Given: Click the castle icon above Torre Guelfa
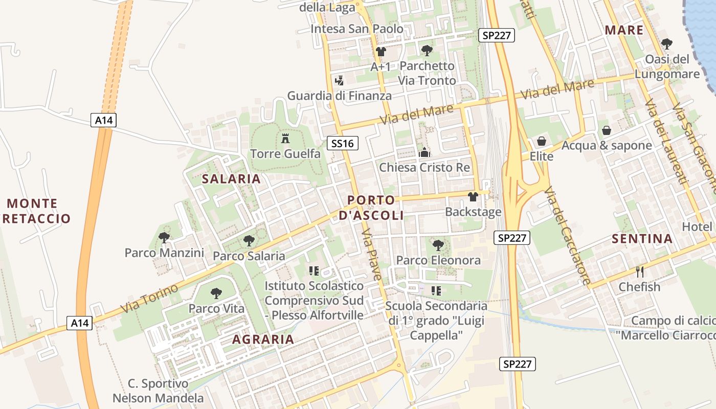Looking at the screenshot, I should click(285, 138).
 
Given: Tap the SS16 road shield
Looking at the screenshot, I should click(342, 144).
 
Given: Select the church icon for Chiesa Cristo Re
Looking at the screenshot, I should click(424, 152).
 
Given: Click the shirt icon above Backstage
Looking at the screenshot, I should click(473, 196).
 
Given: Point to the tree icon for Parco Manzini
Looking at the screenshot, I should click(164, 237).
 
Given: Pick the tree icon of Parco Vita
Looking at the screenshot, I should click(216, 293).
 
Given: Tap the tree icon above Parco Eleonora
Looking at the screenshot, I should click(438, 245).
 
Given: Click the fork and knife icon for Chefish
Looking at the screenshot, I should click(639, 271).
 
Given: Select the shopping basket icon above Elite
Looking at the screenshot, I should click(542, 141).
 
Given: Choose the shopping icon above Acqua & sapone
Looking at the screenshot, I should click(607, 130).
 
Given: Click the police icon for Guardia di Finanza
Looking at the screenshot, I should click(339, 80).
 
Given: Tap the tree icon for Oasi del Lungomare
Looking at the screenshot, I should click(666, 44).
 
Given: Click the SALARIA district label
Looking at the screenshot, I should click(231, 179).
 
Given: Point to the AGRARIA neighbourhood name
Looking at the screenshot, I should click(263, 339).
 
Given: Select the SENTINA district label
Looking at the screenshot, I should click(642, 239).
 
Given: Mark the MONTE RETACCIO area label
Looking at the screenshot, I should click(37, 211).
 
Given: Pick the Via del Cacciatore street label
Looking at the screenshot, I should click(568, 235).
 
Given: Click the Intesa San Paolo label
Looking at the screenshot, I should click(357, 29).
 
